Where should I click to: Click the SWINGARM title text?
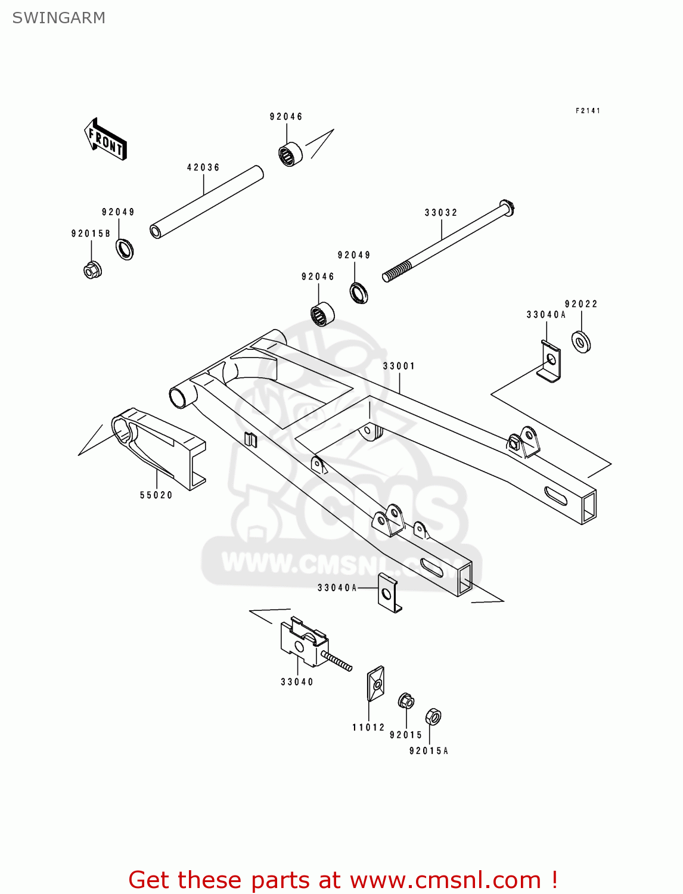pos(58,18)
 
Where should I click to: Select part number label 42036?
pos(203,167)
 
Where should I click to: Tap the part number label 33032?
pos(441,213)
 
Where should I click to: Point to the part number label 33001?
pos(399,366)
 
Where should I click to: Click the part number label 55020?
pos(156,495)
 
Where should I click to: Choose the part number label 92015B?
pos(91,234)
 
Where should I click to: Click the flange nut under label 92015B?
pos(92,270)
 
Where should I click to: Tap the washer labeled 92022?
pos(581,342)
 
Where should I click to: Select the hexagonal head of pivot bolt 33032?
pos(507,208)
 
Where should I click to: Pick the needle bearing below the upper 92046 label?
pos(290,155)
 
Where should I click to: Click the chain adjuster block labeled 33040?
pos(305,642)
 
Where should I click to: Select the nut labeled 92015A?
pos(433,716)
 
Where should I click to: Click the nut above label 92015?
pos(406,701)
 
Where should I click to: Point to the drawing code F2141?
pos(588,111)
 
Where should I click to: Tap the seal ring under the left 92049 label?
pos(125,249)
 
